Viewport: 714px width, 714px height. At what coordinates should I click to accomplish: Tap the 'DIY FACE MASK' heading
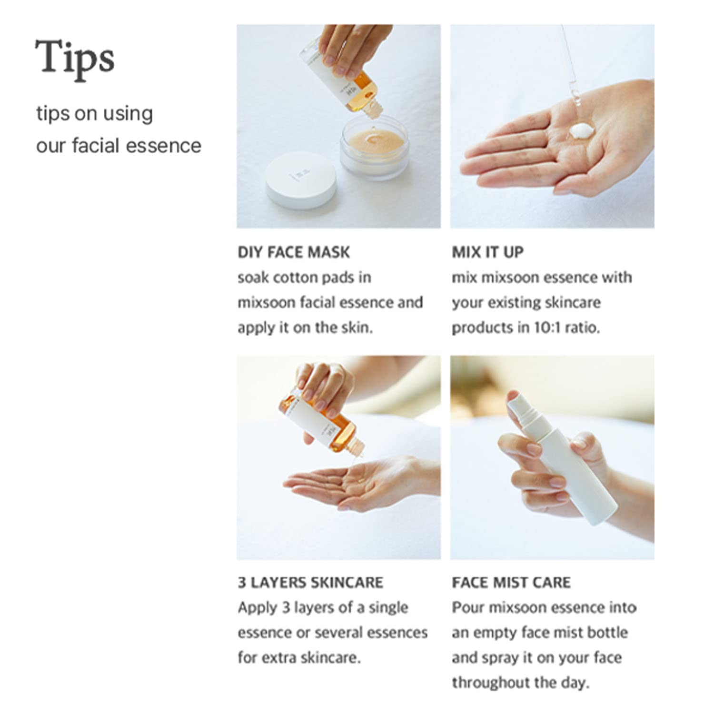tap(294, 252)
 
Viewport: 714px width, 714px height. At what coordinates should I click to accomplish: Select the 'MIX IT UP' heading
tap(487, 252)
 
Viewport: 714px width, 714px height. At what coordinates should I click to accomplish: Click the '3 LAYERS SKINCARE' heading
tap(310, 583)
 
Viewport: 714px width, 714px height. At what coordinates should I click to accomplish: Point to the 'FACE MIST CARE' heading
tap(511, 583)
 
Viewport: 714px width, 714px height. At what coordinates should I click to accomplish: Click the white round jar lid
tap(301, 180)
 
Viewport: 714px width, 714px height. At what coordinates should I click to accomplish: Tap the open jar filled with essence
tap(375, 147)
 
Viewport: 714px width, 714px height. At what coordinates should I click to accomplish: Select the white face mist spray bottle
tap(562, 457)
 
